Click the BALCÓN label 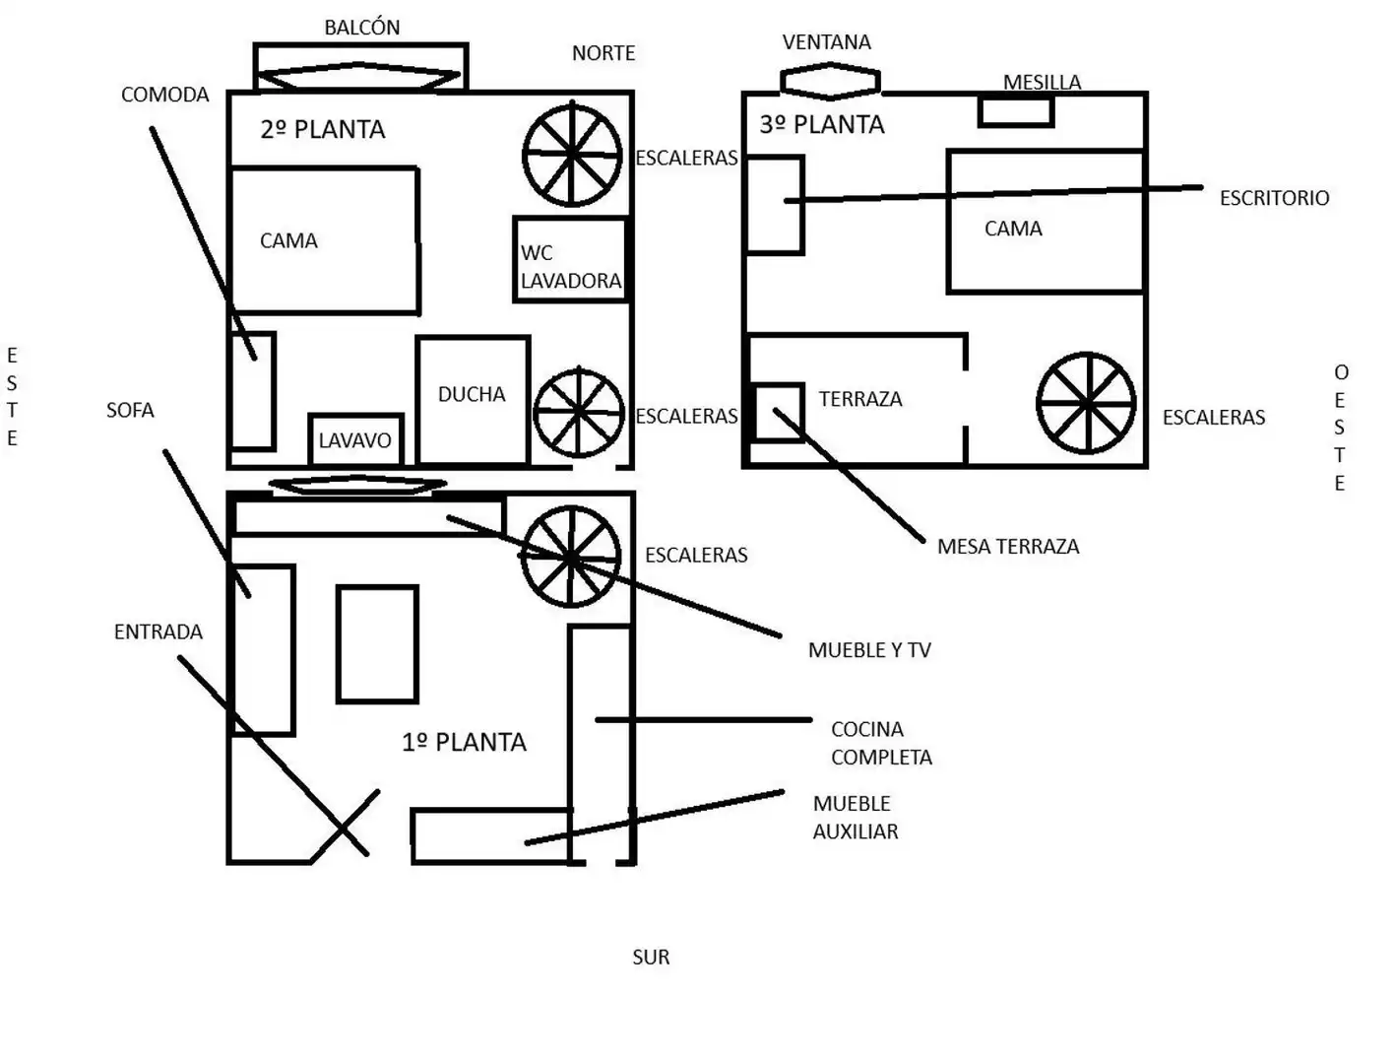[x=361, y=28]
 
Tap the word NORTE [x=603, y=53]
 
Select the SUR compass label [x=651, y=957]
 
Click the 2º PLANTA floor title [x=323, y=129]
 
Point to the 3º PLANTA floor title [x=822, y=124]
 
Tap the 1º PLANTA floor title [x=464, y=742]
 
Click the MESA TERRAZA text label [x=1008, y=547]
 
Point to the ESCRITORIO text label [x=1274, y=198]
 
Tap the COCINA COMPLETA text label [x=881, y=743]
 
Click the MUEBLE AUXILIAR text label [x=856, y=818]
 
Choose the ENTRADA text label [x=158, y=632]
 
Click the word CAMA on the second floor [x=288, y=240]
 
